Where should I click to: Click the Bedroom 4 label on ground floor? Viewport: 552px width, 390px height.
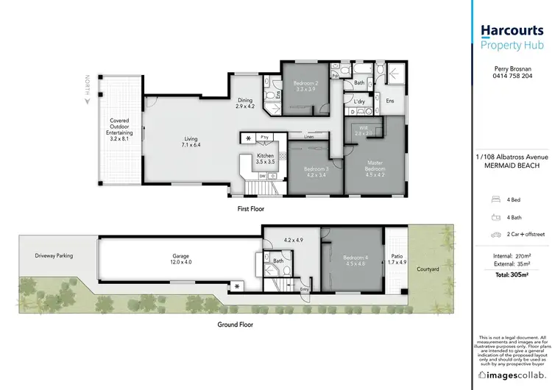tap(355, 260)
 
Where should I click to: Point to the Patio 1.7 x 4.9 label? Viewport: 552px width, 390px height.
tap(397, 260)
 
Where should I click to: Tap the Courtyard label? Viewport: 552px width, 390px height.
tap(428, 269)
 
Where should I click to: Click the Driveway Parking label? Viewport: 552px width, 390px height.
tap(54, 255)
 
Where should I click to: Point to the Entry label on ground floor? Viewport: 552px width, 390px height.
tap(305, 289)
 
